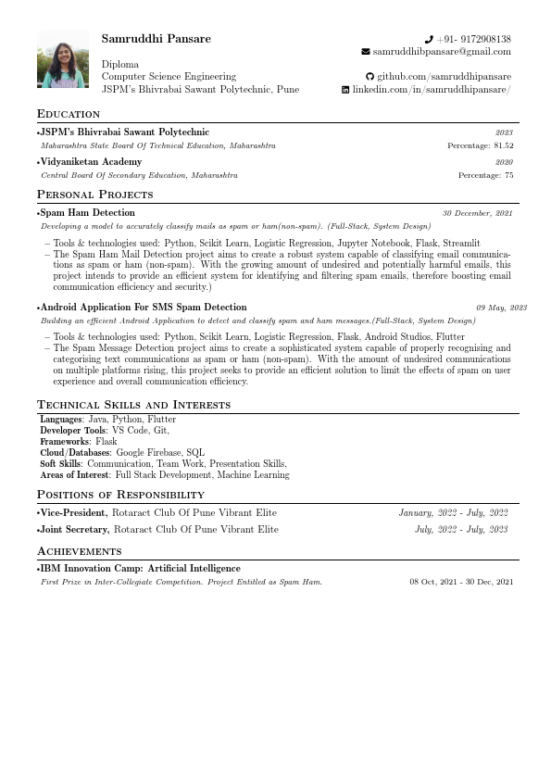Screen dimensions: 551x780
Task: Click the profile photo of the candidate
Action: (63, 59)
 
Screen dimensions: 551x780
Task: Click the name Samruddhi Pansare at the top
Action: (156, 39)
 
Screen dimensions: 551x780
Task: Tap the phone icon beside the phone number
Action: (429, 40)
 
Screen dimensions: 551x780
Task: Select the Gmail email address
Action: (442, 52)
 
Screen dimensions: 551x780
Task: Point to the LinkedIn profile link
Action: (432, 90)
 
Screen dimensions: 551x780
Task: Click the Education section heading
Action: (69, 114)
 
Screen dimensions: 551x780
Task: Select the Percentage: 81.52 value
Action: (480, 145)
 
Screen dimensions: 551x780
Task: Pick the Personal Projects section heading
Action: (94, 195)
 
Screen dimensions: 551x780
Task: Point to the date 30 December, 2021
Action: (477, 214)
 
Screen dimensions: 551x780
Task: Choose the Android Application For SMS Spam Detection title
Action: (143, 307)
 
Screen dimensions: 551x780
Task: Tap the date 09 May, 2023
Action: (501, 308)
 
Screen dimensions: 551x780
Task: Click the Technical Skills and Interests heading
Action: (133, 405)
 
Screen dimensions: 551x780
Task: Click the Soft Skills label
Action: (60, 464)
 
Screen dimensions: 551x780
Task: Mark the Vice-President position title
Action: (74, 512)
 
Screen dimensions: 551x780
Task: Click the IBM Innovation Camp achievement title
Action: (140, 569)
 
